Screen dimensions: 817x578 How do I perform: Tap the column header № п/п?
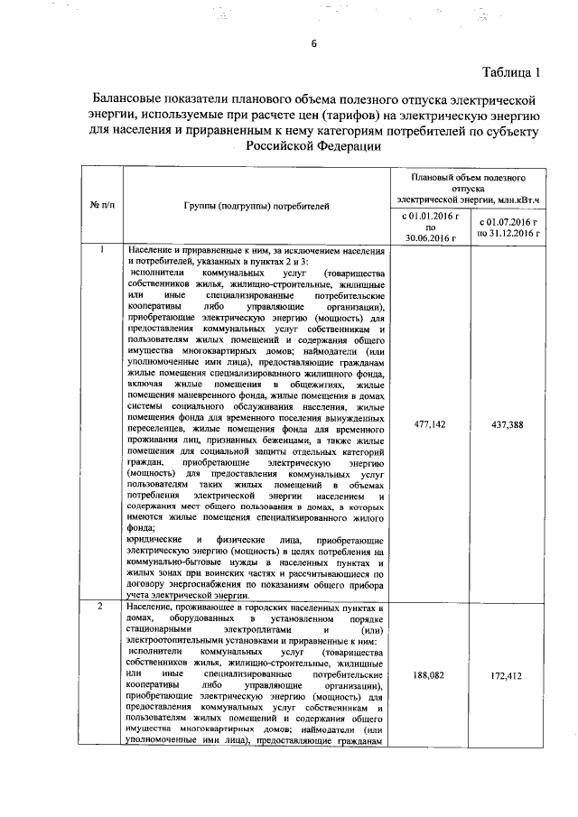(103, 206)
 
